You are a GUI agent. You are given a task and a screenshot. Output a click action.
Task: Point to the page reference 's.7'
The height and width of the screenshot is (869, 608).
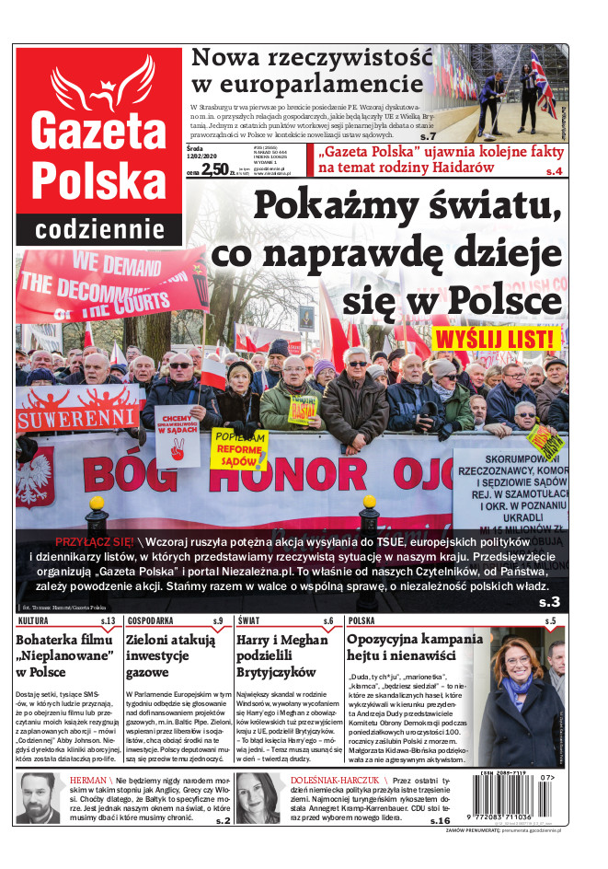pyautogui.click(x=426, y=111)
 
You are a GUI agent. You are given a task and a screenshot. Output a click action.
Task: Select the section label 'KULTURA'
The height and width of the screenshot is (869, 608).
pyautogui.click(x=33, y=621)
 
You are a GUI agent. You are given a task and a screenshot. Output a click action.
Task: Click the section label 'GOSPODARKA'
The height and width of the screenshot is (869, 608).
pyautogui.click(x=151, y=621)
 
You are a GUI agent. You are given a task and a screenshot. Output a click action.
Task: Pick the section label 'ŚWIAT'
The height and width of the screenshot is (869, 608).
pyautogui.click(x=247, y=621)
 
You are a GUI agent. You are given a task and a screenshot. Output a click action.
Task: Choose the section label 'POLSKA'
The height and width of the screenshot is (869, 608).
pyautogui.click(x=361, y=621)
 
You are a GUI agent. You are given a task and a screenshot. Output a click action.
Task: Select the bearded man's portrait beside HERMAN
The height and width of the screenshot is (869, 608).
pyautogui.click(x=38, y=798)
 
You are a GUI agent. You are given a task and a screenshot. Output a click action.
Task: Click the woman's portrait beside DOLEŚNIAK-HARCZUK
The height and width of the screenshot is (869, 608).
pyautogui.click(x=258, y=798)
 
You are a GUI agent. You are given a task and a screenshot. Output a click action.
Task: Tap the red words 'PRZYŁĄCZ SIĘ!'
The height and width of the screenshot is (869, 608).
pyautogui.click(x=95, y=541)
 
